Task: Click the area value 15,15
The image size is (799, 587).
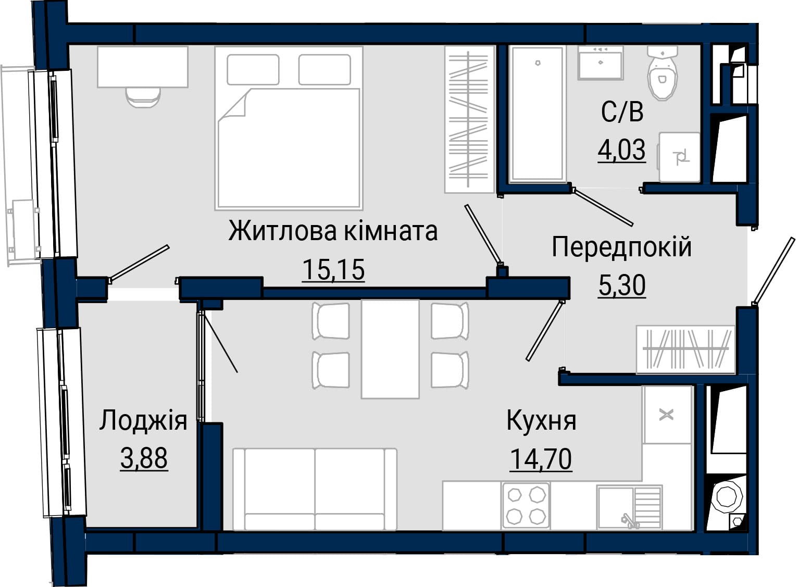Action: click(x=333, y=270)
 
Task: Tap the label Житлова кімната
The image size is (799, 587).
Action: click(x=333, y=232)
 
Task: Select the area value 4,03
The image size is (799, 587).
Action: click(x=622, y=150)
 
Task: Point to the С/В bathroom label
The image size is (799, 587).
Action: click(x=622, y=112)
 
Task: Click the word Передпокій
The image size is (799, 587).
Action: click(x=622, y=247)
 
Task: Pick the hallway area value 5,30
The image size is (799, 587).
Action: click(x=622, y=285)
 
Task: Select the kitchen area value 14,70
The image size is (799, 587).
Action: click(x=541, y=459)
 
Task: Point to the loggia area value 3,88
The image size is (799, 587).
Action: click(x=144, y=458)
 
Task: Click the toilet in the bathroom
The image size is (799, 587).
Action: click(x=663, y=73)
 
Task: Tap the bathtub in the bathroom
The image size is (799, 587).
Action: click(x=538, y=114)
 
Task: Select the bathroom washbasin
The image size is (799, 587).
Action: click(x=601, y=63)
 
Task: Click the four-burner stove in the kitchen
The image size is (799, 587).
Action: click(x=526, y=505)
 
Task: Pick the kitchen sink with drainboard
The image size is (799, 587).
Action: click(x=630, y=507)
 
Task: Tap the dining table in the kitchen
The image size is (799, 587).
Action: click(x=390, y=349)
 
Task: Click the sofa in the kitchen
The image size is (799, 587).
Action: click(x=315, y=489)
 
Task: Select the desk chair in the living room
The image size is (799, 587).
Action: click(x=143, y=97)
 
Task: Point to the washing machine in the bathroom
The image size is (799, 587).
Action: click(x=680, y=157)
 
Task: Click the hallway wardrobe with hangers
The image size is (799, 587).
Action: click(x=685, y=349)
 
